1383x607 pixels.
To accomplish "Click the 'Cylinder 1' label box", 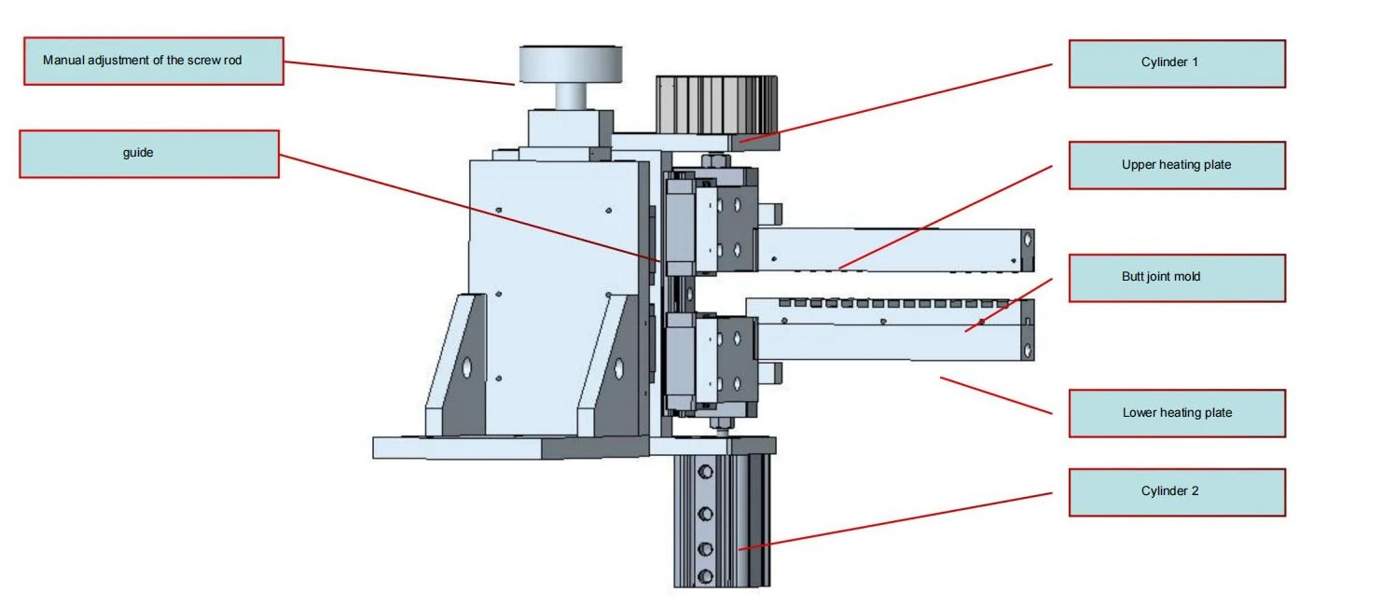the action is point(1177,63).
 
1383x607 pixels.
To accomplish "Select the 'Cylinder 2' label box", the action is point(1177,492).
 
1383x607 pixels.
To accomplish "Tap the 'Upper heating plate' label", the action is point(1177,165).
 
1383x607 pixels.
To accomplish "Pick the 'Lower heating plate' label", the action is point(1177,413).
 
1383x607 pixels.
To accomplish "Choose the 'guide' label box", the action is point(149,154).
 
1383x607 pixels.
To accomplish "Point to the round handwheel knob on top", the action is point(570,63).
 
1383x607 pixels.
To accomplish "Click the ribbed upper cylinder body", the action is point(716,104).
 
